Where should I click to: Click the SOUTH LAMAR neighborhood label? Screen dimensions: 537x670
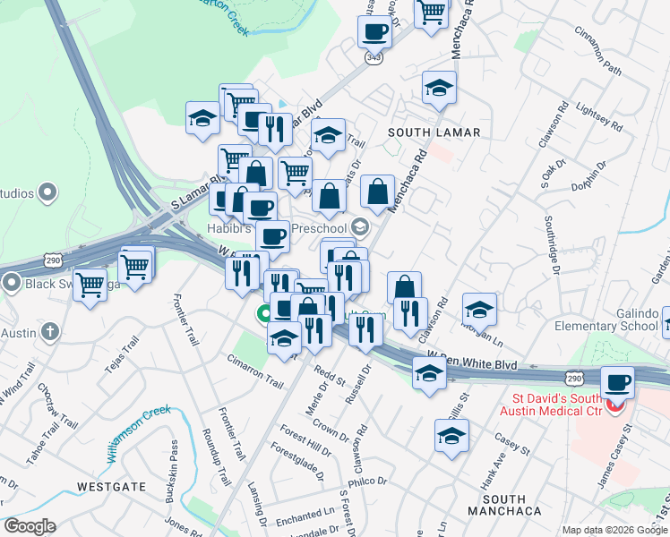(x=434, y=132)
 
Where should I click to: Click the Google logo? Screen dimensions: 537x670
(x=30, y=526)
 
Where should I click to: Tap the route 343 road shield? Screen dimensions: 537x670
(x=374, y=57)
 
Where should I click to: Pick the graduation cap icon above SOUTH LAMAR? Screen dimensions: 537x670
(x=439, y=88)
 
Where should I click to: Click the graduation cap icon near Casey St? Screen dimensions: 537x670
(x=451, y=436)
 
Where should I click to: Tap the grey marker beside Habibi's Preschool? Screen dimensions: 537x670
(x=361, y=226)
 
